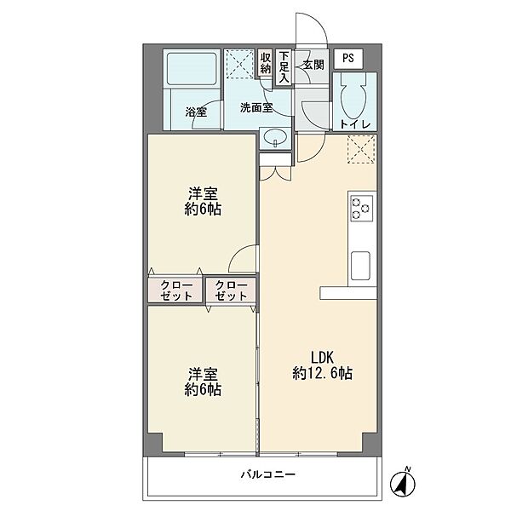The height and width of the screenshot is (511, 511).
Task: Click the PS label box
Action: click(x=348, y=59)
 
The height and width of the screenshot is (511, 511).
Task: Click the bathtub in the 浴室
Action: click(x=192, y=68)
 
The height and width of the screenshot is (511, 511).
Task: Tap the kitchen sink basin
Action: click(x=360, y=266)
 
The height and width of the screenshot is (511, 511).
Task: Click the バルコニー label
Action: click(x=268, y=474)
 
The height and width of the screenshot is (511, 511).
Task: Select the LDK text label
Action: click(x=322, y=358)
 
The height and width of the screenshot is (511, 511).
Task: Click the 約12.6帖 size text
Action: click(x=322, y=373)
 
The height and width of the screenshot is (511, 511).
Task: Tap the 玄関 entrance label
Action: click(x=313, y=65)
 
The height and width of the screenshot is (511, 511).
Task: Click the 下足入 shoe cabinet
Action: click(x=284, y=66)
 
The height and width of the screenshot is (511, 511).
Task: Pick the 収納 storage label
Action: click(x=265, y=63)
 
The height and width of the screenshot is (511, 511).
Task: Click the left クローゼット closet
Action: click(x=175, y=290)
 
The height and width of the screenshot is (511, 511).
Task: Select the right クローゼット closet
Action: click(x=231, y=290)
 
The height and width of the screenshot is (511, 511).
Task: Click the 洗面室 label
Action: click(x=256, y=108)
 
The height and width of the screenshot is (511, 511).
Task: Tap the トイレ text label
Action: click(x=355, y=124)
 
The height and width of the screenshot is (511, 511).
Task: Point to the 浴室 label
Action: click(x=196, y=112)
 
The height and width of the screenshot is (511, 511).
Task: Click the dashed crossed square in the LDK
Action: click(x=361, y=149)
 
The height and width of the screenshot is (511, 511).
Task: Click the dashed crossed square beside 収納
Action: click(x=240, y=64)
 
